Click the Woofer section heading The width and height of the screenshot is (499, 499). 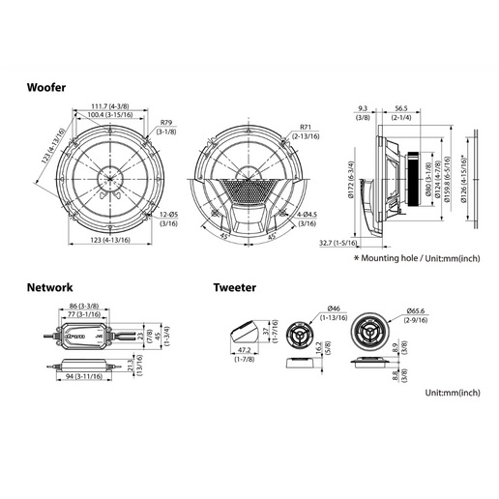pos(46,87)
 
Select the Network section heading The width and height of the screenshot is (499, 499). pos(49,287)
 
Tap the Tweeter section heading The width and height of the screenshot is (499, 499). pos(235,287)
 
